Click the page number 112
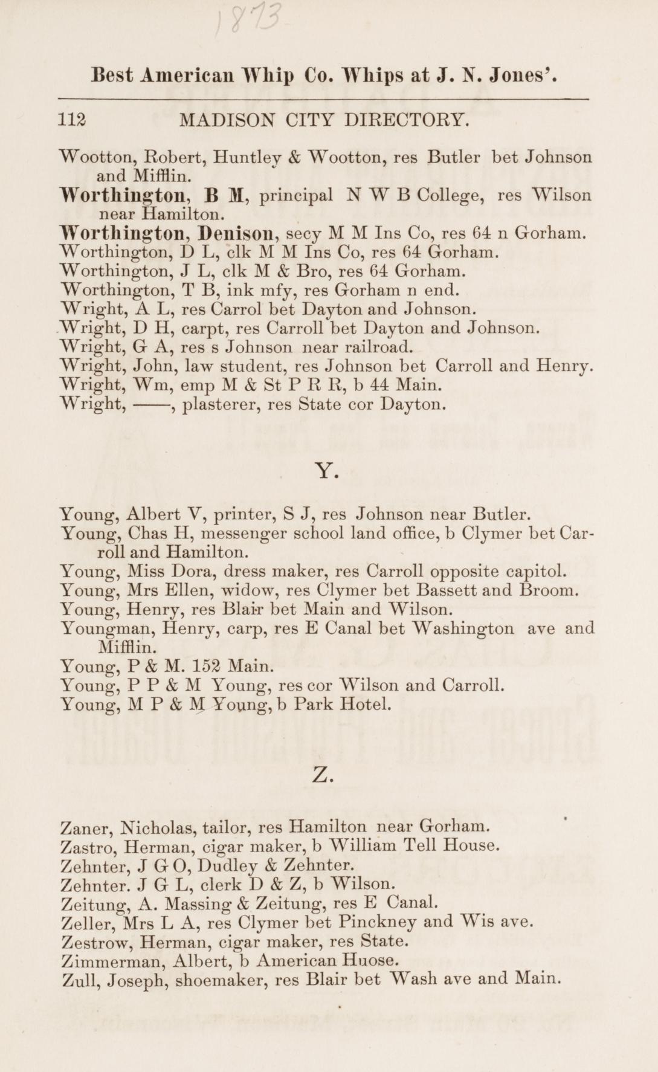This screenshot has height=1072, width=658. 73,120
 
